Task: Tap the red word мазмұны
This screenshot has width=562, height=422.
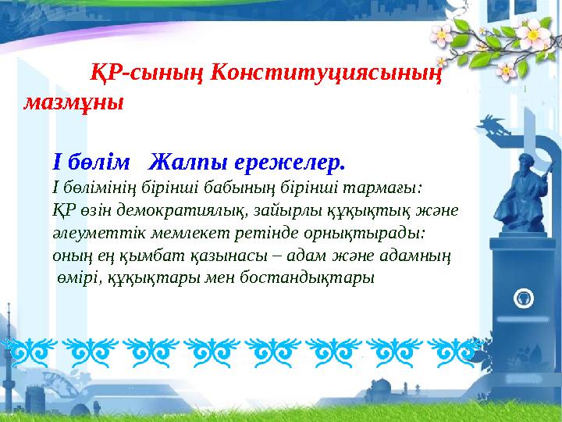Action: click(73, 102)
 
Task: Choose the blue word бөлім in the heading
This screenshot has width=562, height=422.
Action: click(94, 163)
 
